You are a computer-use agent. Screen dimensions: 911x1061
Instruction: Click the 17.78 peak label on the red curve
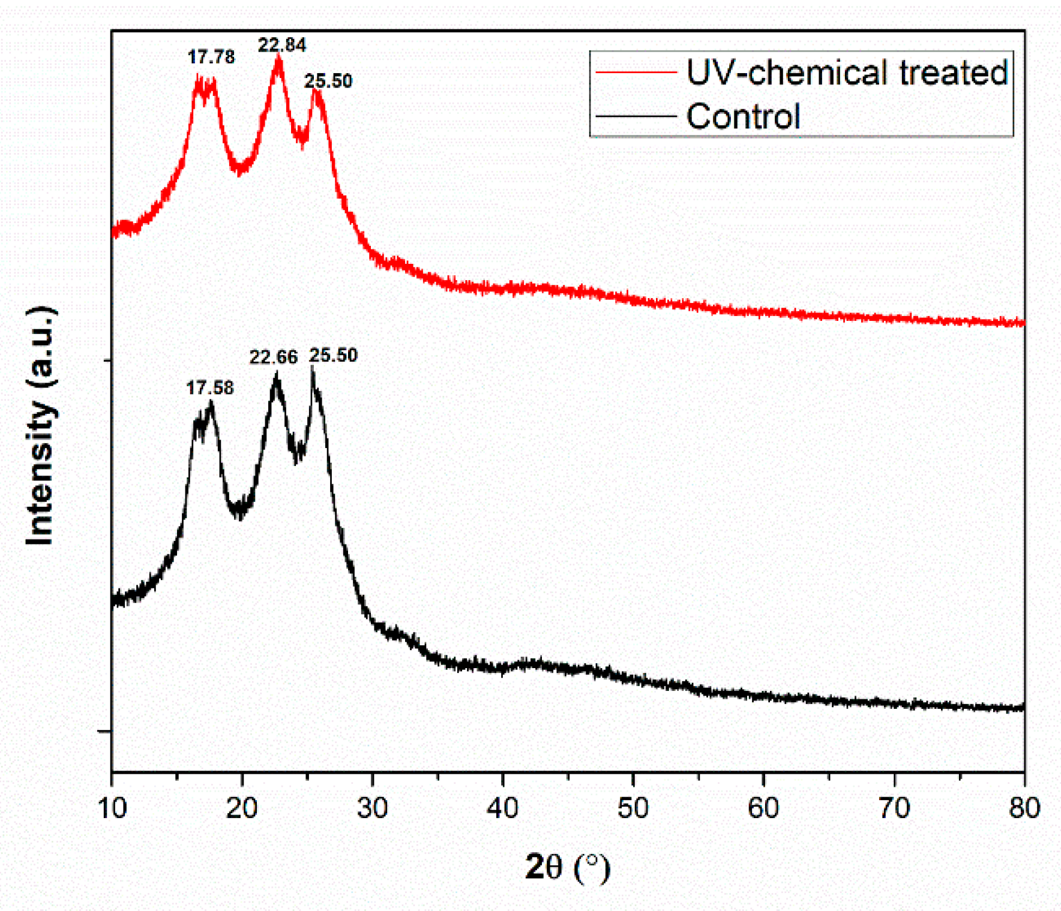coord(211,57)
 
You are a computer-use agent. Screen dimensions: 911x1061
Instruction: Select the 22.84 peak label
coord(282,45)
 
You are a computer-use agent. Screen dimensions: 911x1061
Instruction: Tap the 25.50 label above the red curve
coord(328,81)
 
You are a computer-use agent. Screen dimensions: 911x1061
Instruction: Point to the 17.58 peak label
coord(210,388)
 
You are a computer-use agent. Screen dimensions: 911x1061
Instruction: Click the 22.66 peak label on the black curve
coord(274,357)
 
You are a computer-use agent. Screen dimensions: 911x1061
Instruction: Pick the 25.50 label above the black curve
coord(334,355)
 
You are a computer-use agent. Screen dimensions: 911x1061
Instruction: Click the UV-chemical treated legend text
coord(847,73)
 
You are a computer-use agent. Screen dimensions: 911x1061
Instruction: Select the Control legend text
coord(744,116)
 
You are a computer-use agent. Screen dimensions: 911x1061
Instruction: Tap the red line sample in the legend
coord(636,73)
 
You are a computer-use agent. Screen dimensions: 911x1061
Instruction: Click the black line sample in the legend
coord(636,116)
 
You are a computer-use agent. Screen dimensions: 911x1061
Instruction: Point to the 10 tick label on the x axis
coord(112,808)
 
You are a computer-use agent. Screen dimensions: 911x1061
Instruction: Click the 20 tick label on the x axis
coord(242,808)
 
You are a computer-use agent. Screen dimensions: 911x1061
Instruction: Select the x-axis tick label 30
coord(372,808)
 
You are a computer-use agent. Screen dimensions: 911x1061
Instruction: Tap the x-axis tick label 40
coord(503,808)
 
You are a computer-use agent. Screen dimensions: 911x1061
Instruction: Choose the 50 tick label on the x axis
coord(633,808)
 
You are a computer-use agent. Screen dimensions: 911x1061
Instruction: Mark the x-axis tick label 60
coord(763,808)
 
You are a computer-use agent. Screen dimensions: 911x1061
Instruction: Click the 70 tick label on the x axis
coord(894,808)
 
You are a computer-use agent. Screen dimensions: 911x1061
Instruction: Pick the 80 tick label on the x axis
coord(1024,808)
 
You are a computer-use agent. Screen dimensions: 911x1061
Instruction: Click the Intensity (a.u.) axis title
coord(41,426)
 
